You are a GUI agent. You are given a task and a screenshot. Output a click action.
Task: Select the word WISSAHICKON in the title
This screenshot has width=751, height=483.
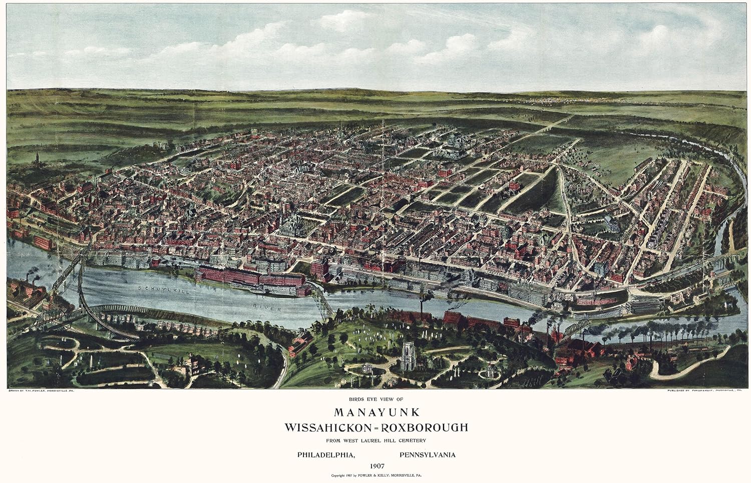(x=325, y=428)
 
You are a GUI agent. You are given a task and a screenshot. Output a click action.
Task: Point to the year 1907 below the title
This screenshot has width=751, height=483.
(x=375, y=466)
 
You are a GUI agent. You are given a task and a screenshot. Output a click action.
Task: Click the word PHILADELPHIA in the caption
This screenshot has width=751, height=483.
(x=326, y=455)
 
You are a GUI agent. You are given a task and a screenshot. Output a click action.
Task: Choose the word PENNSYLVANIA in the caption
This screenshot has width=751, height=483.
(x=428, y=455)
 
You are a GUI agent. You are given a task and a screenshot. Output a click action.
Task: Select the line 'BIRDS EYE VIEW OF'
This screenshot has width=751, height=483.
(x=375, y=399)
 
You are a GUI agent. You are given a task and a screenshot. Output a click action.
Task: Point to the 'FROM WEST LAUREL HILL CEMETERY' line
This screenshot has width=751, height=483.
(x=375, y=440)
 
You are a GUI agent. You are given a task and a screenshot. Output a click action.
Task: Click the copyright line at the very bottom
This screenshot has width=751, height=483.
(x=375, y=476)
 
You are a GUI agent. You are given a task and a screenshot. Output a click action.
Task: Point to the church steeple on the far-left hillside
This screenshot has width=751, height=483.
(x=37, y=158)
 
